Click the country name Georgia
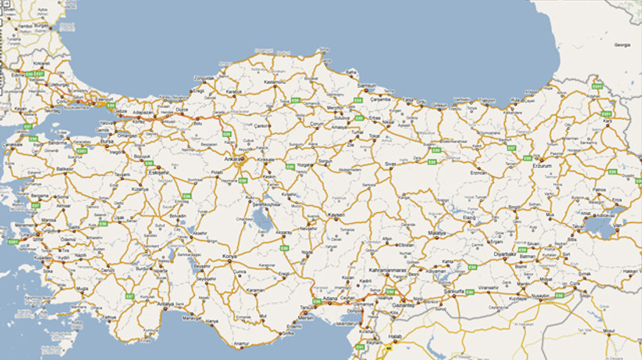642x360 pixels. (622, 45)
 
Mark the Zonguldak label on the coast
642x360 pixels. (204, 78)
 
